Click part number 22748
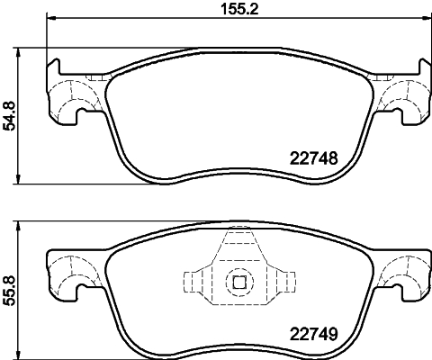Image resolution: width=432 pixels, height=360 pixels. [314, 157]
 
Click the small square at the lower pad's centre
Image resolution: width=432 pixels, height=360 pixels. [239, 282]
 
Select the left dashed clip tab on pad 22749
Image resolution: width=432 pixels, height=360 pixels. [196, 282]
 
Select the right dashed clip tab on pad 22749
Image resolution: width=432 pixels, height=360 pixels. [282, 282]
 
